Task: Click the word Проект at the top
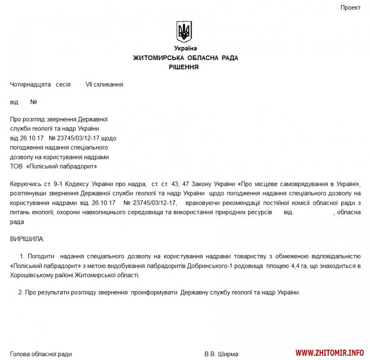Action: (350, 8)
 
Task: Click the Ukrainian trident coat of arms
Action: (184, 31)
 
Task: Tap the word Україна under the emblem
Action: (185, 48)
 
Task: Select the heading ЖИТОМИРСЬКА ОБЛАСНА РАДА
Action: (185, 58)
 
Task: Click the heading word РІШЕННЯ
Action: (184, 67)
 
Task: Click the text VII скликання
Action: (104, 85)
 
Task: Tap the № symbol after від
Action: (34, 102)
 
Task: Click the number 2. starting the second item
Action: (21, 292)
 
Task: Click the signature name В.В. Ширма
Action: (221, 354)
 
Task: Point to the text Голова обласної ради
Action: (41, 354)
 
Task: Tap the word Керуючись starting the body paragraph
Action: (26, 183)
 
